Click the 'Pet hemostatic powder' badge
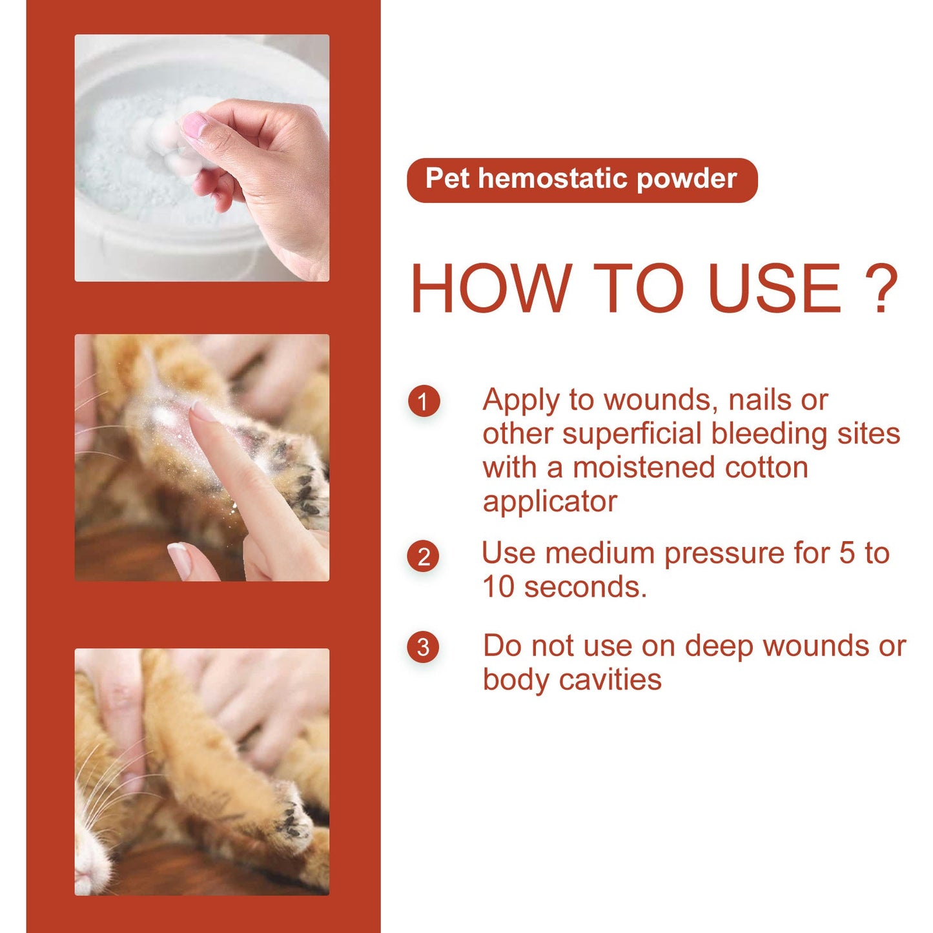click(581, 179)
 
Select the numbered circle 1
click(424, 402)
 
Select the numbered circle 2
click(424, 557)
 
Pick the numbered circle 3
click(424, 647)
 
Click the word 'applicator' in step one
click(549, 502)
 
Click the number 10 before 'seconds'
click(498, 588)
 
